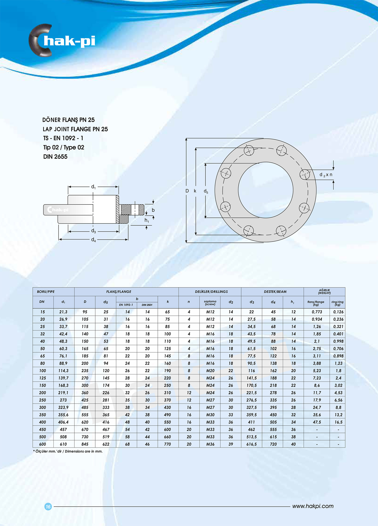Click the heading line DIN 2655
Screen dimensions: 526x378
(x=55, y=157)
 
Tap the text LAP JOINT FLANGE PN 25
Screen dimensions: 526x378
(x=75, y=129)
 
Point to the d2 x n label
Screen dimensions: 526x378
(x=326, y=175)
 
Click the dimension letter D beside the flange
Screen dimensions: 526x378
(x=187, y=191)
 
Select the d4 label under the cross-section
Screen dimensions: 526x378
(x=93, y=240)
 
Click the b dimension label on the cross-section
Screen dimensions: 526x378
(x=153, y=210)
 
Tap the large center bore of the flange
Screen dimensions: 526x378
(x=265, y=190)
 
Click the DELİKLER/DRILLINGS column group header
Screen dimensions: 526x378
(x=211, y=292)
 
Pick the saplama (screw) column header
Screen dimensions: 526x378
(x=210, y=303)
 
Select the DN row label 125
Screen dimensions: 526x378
(x=43, y=378)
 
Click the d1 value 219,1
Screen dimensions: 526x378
(x=63, y=393)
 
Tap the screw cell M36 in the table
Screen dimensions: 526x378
(x=210, y=444)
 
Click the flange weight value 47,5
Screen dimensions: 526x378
(x=317, y=422)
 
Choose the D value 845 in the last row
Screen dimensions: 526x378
(x=85, y=444)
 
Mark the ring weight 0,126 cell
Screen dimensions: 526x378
(x=338, y=312)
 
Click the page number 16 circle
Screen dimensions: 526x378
(x=48, y=506)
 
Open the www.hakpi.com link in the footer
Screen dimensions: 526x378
(x=313, y=506)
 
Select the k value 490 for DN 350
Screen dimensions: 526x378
(x=167, y=415)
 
